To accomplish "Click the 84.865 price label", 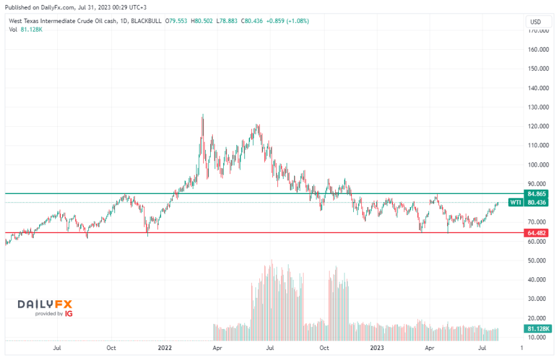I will pos(535,194).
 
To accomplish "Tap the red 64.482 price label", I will pos(535,233).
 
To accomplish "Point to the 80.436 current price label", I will pos(535,202).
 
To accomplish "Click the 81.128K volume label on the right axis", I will pos(535,328).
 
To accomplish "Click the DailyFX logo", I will pos(45,304).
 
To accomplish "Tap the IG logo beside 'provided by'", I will pos(69,314).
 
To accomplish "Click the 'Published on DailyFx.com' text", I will pos(37,6).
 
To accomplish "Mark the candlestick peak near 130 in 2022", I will pos(203,116).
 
